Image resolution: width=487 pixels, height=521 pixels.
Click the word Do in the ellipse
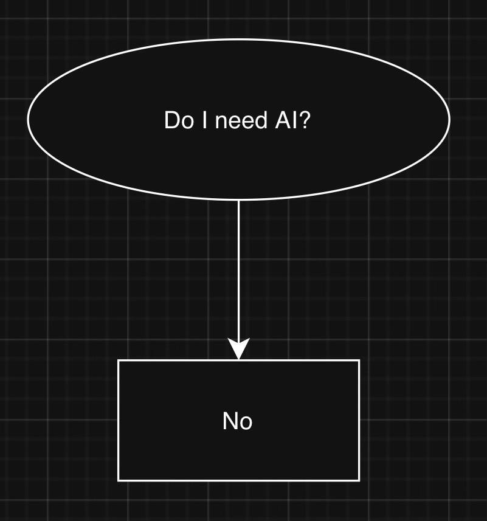click(177, 120)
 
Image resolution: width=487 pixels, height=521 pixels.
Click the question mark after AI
click(305, 120)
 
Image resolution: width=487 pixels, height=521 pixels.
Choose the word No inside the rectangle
click(238, 421)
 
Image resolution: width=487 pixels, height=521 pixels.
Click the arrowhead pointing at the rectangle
click(238, 350)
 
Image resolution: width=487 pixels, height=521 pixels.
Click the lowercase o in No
click(246, 423)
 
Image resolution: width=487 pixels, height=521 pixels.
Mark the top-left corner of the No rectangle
click(118, 361)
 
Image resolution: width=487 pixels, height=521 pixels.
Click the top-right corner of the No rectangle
click(359, 361)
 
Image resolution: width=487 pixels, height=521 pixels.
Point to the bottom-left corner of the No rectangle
click(118, 480)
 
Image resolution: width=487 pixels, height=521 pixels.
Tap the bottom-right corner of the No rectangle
click(359, 480)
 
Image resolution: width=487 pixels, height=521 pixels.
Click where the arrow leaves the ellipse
click(238, 200)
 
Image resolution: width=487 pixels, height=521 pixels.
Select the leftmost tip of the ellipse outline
click(28, 119)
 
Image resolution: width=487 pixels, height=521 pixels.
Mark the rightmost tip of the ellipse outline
click(449, 119)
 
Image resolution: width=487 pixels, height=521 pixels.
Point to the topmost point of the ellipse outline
click(238, 40)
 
